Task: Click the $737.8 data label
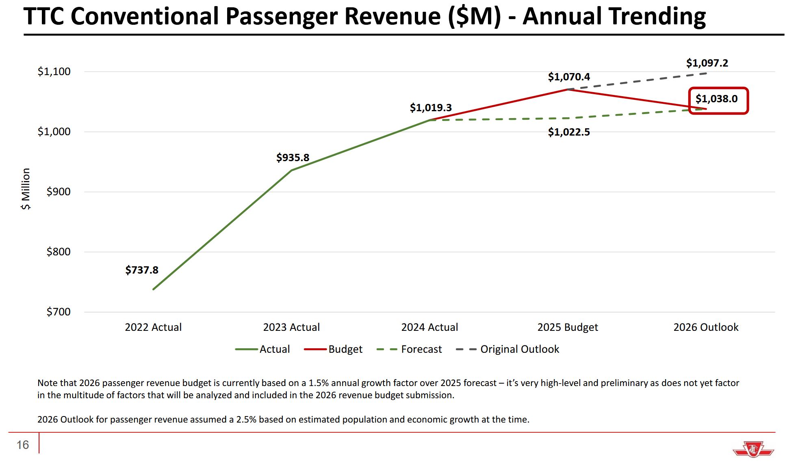(142, 270)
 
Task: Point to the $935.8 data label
(293, 157)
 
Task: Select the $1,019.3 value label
(431, 108)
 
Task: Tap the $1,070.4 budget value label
(569, 77)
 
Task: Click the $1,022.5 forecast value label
(569, 132)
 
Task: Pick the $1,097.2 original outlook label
(707, 63)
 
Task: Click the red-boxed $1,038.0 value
(716, 99)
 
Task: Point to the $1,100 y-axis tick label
(54, 71)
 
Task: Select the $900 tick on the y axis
(59, 192)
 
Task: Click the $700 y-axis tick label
(59, 312)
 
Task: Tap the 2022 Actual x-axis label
(153, 327)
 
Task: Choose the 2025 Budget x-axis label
(568, 327)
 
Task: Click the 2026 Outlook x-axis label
(706, 327)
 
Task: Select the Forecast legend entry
(421, 349)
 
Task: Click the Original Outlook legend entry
(519, 349)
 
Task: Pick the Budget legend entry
(345, 349)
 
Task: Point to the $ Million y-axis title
(26, 189)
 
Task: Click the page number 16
(23, 445)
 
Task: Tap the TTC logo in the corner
(753, 450)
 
